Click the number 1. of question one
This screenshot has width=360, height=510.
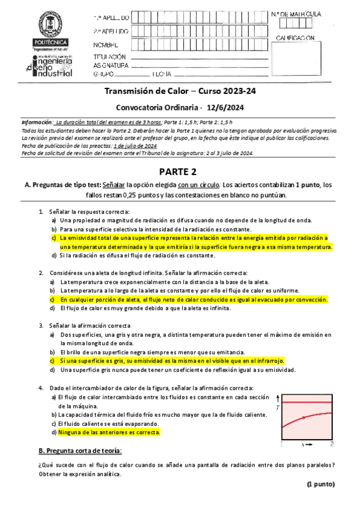click(x=41, y=212)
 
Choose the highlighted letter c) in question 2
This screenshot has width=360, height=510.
click(x=53, y=299)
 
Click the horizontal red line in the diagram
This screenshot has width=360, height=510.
click(x=307, y=401)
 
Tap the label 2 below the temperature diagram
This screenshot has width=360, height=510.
click(x=332, y=444)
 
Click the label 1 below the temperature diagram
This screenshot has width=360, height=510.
click(x=281, y=444)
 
